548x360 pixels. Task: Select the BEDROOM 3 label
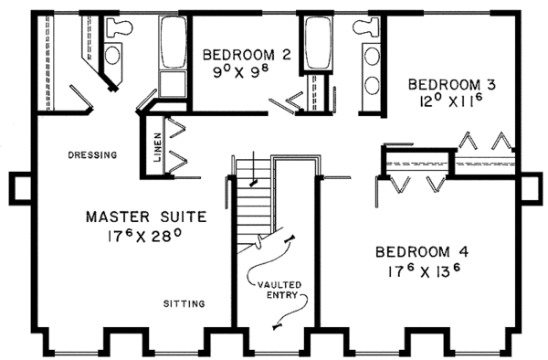coord(451,84)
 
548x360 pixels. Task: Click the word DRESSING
coord(92,155)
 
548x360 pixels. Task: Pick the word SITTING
coord(184,303)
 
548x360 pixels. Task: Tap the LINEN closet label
coord(157,146)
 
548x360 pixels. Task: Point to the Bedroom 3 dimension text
coord(451,103)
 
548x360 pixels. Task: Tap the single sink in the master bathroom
coord(112,56)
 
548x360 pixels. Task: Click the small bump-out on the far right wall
coord(530,186)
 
